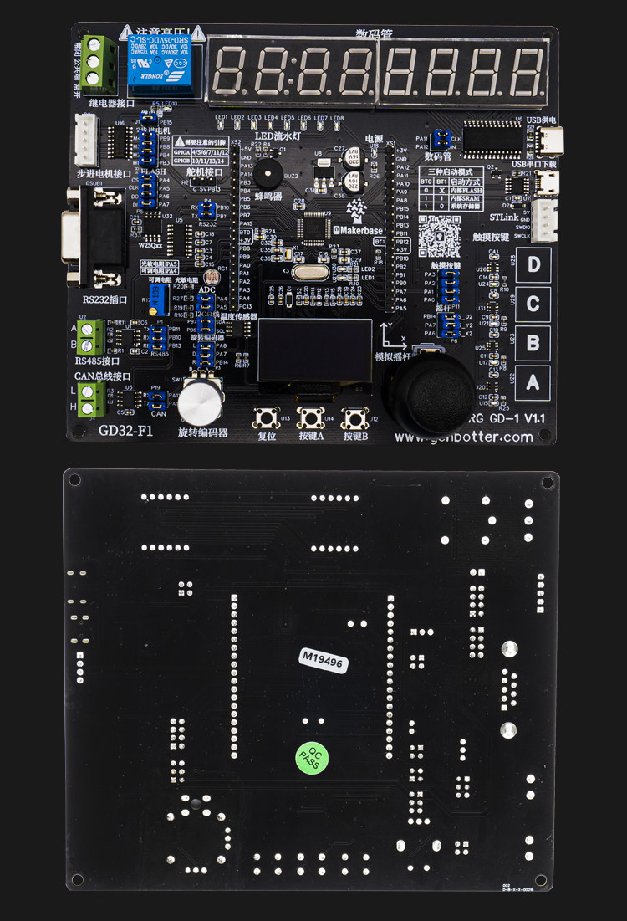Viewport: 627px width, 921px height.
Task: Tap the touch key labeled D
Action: (533, 265)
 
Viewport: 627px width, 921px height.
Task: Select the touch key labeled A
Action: (533, 384)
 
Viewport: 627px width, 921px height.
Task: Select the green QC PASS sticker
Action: (313, 758)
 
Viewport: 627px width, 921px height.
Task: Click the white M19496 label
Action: (324, 657)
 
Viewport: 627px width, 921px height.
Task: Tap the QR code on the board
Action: (439, 236)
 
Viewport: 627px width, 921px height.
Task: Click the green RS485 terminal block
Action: (92, 335)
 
